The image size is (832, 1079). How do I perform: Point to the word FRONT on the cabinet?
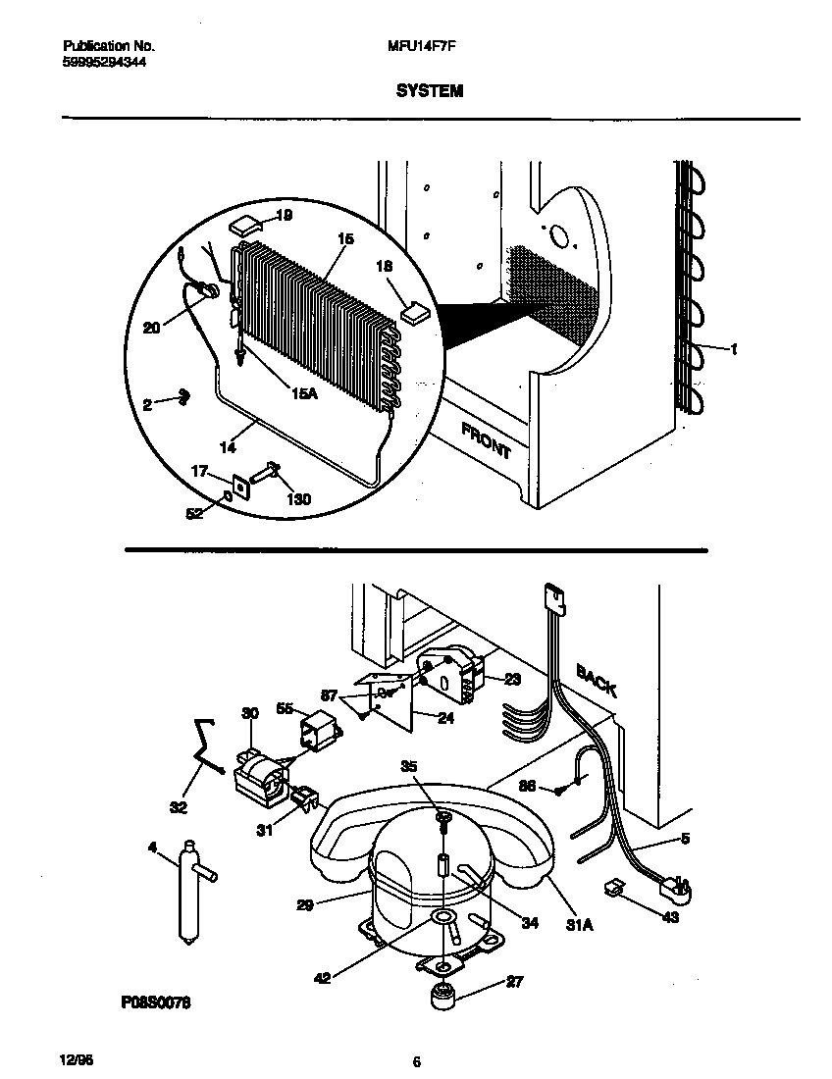coord(486,439)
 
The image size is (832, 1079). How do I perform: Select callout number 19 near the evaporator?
coord(284,215)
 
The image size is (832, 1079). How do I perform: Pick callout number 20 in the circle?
coord(151,329)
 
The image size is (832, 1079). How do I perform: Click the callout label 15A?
coord(305,393)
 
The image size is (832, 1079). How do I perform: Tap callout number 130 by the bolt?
coord(297,499)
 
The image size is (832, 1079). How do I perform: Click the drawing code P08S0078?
coord(156,1003)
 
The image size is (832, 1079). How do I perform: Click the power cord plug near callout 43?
coord(677,888)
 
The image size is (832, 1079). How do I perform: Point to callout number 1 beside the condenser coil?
coord(734,348)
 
